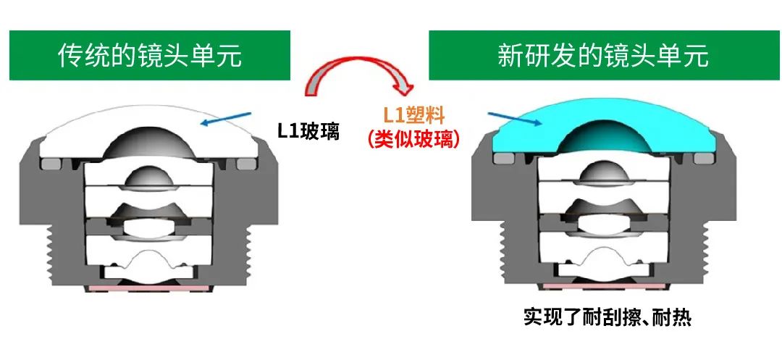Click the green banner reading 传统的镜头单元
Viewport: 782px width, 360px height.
point(150,55)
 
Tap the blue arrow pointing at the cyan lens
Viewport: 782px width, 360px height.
point(515,119)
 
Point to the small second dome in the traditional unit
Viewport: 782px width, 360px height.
point(149,176)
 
